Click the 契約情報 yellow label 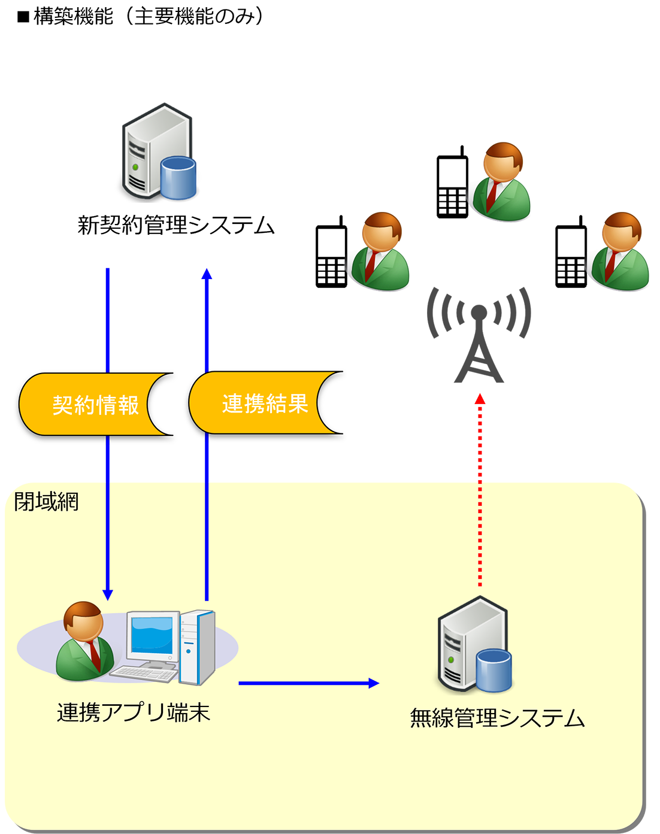point(95,405)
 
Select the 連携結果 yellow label point(264,404)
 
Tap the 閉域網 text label point(46,501)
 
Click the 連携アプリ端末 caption point(133,712)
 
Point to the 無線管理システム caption point(497,717)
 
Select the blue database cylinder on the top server point(178,177)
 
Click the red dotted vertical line point(480,533)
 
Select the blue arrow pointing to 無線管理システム point(308,683)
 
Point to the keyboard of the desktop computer point(144,673)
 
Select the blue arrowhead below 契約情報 point(108,594)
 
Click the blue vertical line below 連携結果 point(207,539)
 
